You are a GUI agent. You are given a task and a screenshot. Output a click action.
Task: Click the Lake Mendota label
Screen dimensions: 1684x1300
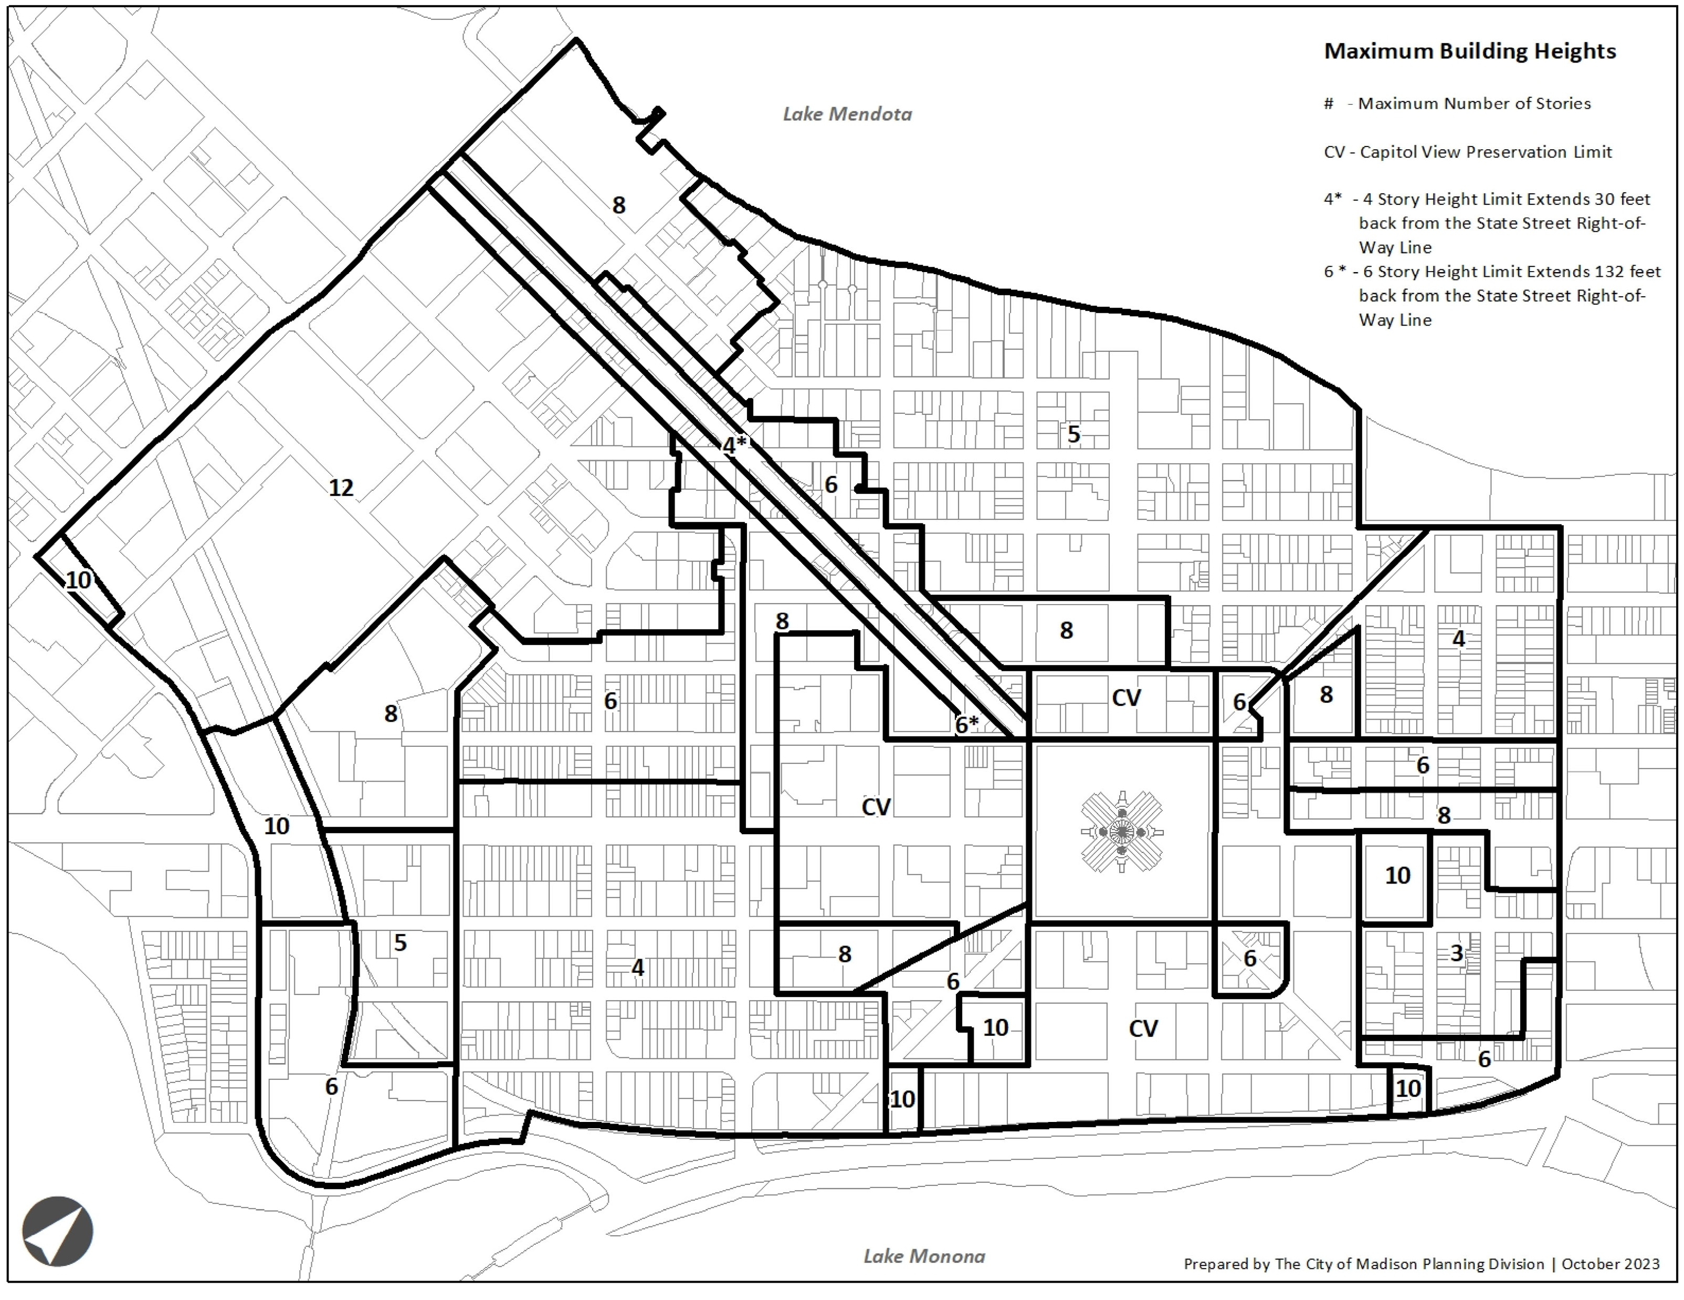(847, 114)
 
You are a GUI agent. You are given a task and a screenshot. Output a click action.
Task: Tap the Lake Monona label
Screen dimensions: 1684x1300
(924, 1256)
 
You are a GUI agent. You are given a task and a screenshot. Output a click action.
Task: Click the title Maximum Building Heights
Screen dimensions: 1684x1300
(1470, 51)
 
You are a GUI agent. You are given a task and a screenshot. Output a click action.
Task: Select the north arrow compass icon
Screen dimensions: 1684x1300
(57, 1231)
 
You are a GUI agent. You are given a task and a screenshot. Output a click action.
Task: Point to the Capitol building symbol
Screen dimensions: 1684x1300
(1122, 831)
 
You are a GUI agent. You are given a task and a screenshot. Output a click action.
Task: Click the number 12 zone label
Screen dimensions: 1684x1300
(341, 487)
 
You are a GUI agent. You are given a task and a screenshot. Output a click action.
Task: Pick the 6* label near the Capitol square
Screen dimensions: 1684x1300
(966, 724)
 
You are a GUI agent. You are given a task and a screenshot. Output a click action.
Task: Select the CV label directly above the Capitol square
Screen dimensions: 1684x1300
(1126, 698)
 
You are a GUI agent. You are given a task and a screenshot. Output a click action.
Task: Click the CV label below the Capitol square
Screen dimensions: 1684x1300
(1143, 1028)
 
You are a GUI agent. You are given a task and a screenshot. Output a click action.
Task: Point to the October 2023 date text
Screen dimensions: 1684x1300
(1610, 1264)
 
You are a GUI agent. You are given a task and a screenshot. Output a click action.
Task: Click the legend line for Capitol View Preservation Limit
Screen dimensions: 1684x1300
(1467, 152)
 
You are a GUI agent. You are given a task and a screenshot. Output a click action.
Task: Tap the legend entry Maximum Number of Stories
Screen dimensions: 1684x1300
(1473, 103)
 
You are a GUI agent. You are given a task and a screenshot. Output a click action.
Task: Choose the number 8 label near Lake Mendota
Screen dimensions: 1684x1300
(618, 205)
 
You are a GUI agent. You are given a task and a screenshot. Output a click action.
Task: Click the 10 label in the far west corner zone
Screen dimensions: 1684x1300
(78, 580)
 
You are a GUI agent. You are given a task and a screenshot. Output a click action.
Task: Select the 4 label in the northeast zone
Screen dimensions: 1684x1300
(1458, 639)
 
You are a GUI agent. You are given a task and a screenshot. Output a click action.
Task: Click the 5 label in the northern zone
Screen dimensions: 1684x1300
(1073, 434)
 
